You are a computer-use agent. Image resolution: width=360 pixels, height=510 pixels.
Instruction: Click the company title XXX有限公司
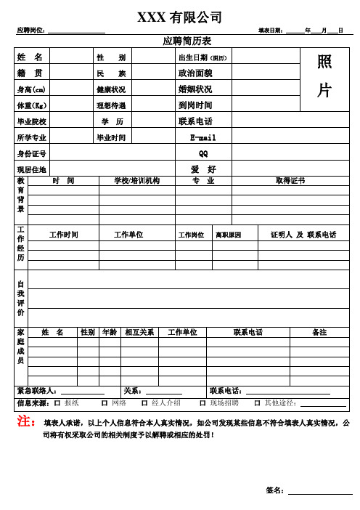180,17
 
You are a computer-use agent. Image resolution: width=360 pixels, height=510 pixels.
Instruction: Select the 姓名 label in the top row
30,57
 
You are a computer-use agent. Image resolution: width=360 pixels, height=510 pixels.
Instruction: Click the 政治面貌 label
195,73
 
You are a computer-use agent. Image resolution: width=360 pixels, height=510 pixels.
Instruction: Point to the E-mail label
203,137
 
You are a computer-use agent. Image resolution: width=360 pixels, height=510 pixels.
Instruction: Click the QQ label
203,153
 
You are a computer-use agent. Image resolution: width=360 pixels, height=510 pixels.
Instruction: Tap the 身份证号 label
31,153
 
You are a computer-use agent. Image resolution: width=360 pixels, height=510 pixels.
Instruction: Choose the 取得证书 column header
290,180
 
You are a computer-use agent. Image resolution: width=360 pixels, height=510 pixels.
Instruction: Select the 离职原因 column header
228,235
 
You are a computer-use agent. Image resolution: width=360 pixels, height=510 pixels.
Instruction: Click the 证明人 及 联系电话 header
303,235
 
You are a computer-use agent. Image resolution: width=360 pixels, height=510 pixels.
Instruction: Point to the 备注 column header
319,332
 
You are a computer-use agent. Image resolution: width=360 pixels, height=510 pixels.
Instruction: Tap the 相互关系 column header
139,332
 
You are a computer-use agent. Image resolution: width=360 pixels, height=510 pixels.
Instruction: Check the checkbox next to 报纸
57,402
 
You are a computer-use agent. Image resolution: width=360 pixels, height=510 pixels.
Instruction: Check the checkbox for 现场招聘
203,402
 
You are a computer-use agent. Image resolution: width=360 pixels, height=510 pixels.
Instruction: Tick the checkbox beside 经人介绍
144,402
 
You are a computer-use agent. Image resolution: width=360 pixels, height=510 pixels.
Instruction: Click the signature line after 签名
319,492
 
